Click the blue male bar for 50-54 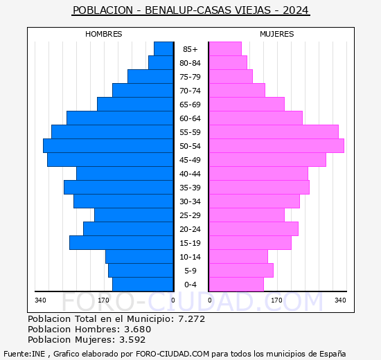107,146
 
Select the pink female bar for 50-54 276,146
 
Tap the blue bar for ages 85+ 163,49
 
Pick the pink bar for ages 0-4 236,285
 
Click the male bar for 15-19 121,243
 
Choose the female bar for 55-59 273,132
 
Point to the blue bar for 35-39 118,188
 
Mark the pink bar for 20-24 253,229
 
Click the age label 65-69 190,105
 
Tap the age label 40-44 190,174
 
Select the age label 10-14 190,257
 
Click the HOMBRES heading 104,34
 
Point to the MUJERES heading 277,34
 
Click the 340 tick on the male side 40,300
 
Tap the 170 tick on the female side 276,300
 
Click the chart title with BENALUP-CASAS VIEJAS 190,10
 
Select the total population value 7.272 190,319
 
